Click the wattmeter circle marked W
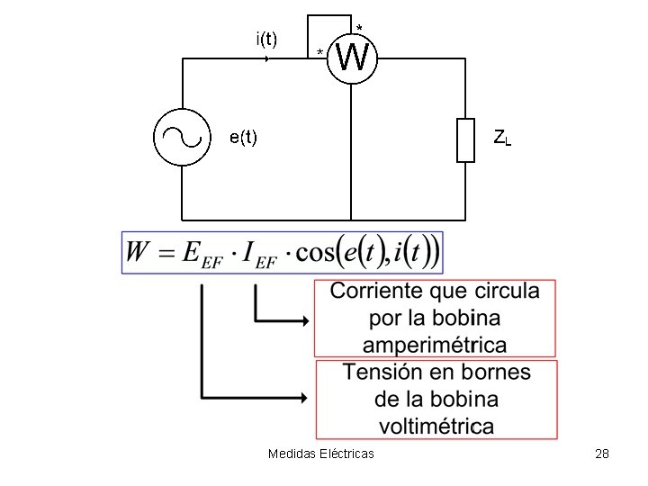351,59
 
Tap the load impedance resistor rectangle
465,139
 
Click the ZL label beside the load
501,139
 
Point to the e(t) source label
243,138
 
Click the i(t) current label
266,39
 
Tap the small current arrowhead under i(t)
267,58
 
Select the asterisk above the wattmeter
359,27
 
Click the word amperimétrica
435,344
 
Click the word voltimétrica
436,425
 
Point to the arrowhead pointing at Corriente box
308,319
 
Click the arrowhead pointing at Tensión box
308,396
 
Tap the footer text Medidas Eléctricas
321,454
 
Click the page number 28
602,454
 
